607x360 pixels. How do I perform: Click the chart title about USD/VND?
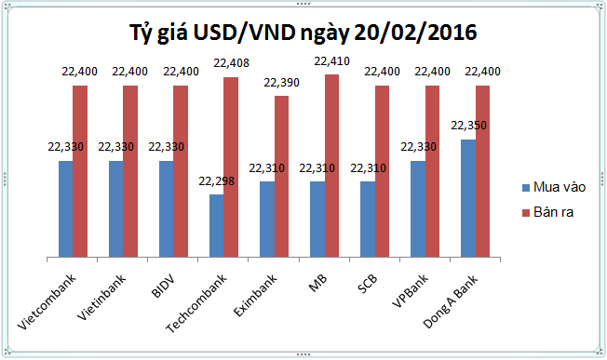(x=303, y=33)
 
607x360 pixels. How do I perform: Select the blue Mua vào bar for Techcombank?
(x=216, y=225)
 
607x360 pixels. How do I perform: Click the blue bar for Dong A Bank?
(x=468, y=198)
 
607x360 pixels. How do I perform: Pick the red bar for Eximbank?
(x=281, y=176)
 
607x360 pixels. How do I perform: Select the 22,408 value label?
(x=232, y=64)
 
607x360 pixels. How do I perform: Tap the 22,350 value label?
(x=468, y=126)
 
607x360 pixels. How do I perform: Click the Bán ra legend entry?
(x=548, y=214)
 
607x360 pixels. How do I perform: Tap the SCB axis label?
(x=366, y=281)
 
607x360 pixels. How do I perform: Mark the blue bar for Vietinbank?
(x=115, y=208)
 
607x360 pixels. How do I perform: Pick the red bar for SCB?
(x=383, y=171)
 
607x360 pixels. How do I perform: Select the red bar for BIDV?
(x=181, y=171)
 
